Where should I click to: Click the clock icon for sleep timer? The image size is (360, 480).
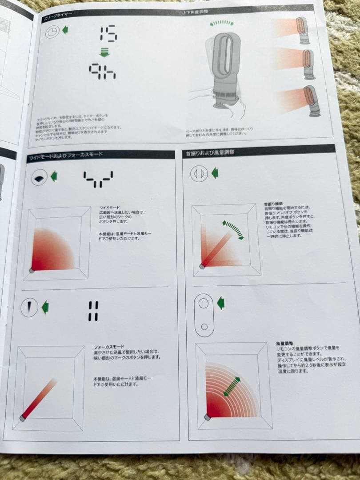53,32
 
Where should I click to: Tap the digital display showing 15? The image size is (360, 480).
108,34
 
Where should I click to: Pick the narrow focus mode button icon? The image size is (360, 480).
29,307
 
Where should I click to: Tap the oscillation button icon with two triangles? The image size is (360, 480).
199,173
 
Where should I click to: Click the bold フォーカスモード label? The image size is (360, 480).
109,347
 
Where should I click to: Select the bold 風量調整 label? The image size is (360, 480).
284,344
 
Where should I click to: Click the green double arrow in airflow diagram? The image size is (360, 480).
232,387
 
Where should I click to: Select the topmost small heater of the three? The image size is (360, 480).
302,31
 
